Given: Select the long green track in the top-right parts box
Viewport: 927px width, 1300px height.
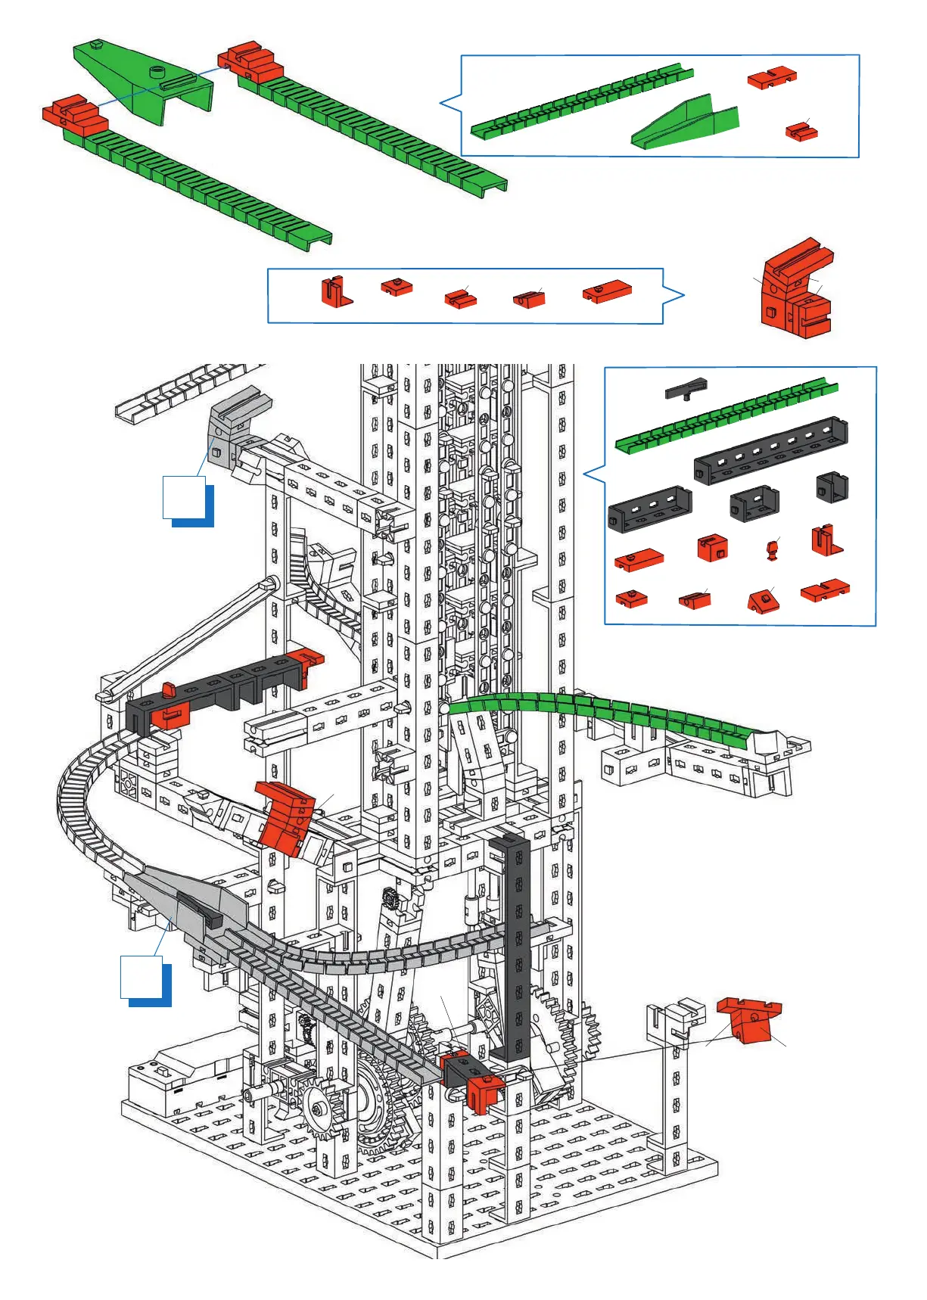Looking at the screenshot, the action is [581, 102].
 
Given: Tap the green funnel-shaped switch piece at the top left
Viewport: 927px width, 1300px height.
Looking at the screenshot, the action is [144, 79].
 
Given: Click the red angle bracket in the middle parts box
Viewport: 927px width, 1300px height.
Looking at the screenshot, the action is [336, 292].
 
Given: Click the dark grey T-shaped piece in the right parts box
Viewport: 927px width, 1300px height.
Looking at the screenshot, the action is [686, 389].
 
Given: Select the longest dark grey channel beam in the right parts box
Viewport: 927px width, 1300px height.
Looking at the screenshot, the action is [770, 449].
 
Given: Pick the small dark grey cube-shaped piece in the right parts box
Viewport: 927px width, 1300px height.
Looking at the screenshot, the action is [832, 487].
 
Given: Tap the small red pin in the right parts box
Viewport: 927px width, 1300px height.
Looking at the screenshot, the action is [772, 549].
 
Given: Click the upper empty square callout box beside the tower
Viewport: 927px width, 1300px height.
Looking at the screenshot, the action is [184, 496].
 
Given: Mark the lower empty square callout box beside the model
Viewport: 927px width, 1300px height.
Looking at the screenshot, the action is [142, 977].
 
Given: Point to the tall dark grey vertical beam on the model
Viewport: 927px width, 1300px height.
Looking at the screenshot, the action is [518, 946].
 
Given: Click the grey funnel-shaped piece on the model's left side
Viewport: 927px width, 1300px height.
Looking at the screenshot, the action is [189, 900].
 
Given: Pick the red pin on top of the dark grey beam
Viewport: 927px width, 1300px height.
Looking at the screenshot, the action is [169, 689].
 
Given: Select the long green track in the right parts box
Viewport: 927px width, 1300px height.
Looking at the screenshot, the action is [726, 415].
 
